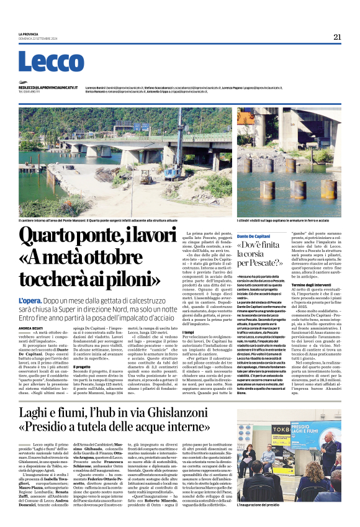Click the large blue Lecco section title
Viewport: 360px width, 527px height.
pyautogui.click(x=47, y=63)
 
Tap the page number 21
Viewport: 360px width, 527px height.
pyautogui.click(x=337, y=37)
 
